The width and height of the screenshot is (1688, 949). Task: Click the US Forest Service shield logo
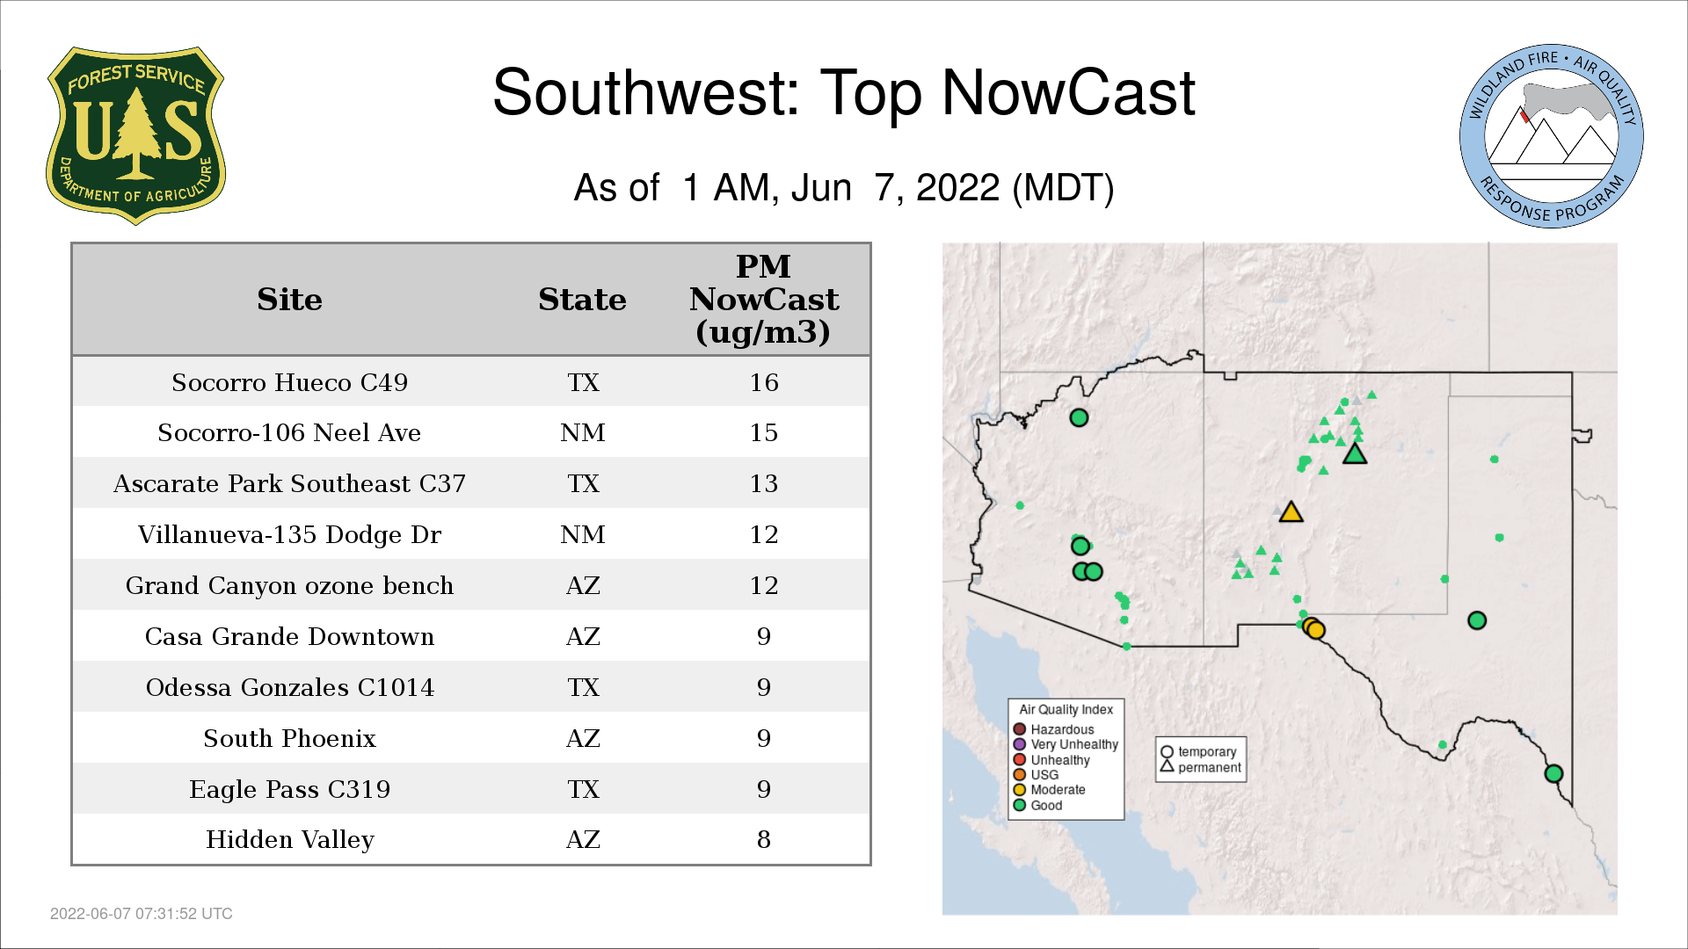pos(135,135)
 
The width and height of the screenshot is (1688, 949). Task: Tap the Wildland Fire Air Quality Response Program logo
pos(1552,136)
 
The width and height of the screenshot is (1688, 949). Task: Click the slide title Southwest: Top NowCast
pos(844,92)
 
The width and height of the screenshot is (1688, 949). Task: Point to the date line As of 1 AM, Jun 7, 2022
pos(844,187)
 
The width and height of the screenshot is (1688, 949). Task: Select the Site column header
pos(289,300)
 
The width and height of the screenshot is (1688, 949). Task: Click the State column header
pos(582,300)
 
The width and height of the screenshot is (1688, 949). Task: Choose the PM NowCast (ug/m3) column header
pos(763,299)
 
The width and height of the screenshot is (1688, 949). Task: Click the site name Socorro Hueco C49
pos(289,382)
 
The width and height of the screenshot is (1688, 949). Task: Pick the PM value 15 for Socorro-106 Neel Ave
pos(763,432)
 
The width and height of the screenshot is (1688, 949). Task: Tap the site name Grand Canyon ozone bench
pos(289,585)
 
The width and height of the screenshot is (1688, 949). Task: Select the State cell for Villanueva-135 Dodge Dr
pos(583,534)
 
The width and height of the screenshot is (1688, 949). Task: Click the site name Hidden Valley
pos(290,839)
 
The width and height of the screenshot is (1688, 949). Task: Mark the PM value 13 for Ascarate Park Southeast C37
pos(763,483)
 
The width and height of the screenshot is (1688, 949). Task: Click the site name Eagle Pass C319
pos(289,789)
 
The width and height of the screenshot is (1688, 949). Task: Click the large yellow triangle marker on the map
pos(1291,513)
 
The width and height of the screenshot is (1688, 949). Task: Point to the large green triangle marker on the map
pos(1355,454)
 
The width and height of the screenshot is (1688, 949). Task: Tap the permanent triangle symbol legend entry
pos(1201,767)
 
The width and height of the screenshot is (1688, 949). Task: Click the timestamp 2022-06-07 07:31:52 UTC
pos(142,914)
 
